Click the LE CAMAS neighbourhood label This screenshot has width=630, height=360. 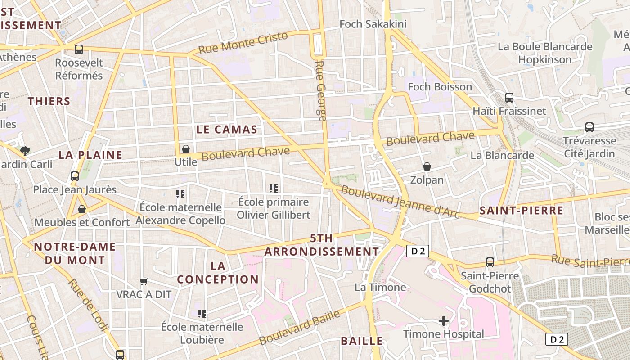227,130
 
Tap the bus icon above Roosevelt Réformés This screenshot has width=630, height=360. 79,49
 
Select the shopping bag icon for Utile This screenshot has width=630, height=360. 185,148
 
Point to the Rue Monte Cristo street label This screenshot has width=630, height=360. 243,43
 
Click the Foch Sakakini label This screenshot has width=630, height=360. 373,24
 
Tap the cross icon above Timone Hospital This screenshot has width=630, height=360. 444,321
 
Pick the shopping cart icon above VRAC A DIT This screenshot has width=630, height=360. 144,282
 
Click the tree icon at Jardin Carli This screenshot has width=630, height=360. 25,151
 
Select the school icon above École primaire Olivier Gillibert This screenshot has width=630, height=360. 273,189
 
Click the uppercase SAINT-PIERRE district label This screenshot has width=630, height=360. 521,211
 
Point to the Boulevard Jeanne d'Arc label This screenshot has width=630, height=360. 400,202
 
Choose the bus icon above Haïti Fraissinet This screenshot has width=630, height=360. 509,97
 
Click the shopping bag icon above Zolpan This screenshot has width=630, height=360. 427,167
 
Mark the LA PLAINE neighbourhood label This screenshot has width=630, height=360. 90,155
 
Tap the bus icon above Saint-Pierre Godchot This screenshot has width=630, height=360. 490,262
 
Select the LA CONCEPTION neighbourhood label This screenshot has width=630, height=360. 218,272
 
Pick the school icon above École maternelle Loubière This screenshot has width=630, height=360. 202,313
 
